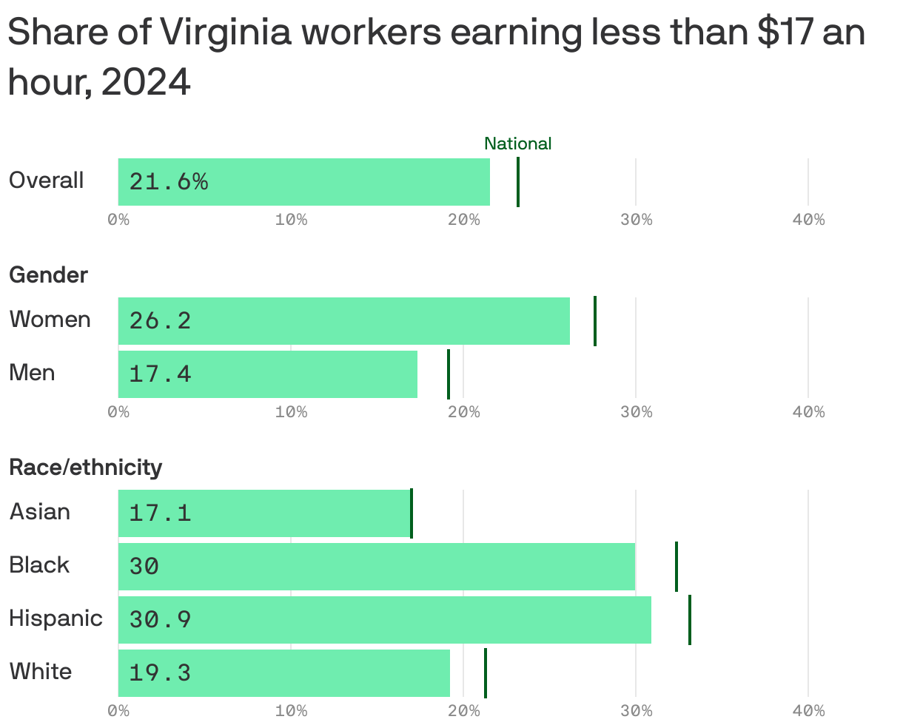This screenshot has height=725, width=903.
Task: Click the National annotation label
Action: point(517,144)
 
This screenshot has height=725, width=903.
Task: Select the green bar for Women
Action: point(343,321)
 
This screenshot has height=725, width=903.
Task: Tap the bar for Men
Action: point(267,374)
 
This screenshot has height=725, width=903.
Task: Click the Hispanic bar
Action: point(384,620)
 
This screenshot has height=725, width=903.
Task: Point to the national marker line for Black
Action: point(676,567)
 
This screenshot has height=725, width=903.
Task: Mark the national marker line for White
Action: point(485,672)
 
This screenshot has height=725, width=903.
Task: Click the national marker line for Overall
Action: point(517,182)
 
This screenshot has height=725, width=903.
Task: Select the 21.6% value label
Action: point(169,182)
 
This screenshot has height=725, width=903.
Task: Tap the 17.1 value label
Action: point(160,513)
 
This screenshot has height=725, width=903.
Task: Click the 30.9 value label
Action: point(160,620)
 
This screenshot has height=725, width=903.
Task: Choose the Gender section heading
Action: point(48,275)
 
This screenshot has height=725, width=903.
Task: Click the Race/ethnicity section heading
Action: point(85,468)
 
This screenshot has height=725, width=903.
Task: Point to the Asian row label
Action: point(40,512)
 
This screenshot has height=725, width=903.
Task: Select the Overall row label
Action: point(46,181)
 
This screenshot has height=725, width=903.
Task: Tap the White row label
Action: point(41,672)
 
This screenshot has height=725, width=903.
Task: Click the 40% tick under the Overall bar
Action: point(808,220)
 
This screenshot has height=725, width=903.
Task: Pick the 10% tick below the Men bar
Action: point(291,412)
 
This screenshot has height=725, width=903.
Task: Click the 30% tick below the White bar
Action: point(636,712)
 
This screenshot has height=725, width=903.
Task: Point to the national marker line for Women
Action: point(594,321)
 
